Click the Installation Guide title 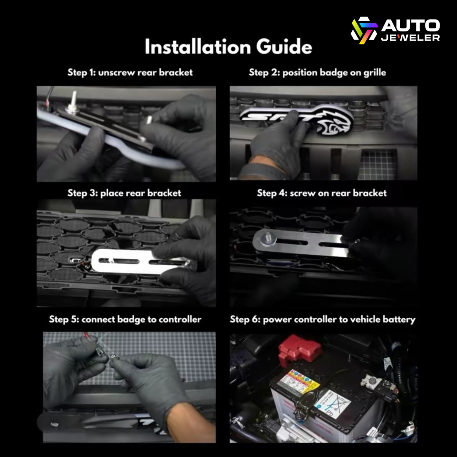click(228, 47)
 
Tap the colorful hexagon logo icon click(364, 30)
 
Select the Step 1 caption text click(130, 72)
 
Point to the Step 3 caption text click(124, 193)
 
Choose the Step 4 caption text click(322, 193)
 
